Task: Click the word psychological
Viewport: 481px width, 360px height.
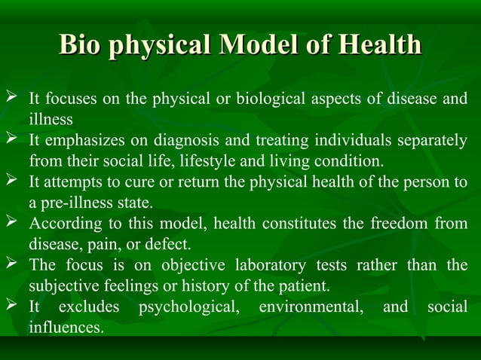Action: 188,307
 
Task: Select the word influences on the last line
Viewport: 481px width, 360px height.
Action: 66,328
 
